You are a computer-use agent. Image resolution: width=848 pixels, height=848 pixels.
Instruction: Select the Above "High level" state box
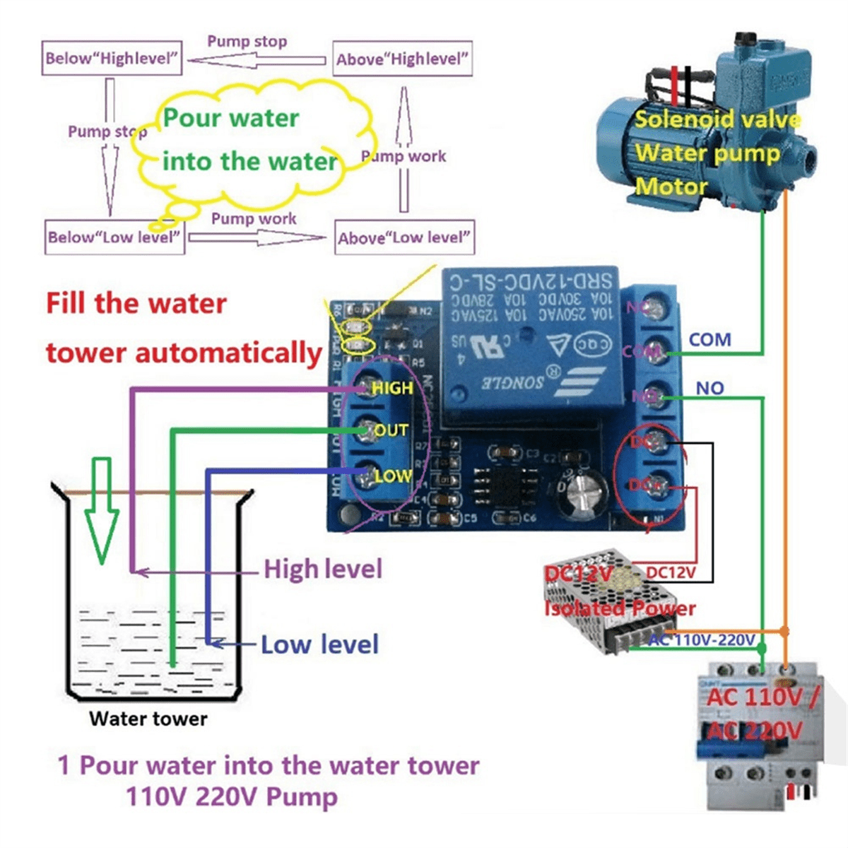[402, 59]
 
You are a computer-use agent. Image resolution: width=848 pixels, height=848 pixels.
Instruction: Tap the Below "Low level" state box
[114, 237]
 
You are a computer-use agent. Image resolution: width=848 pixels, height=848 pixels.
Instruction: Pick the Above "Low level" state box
[404, 238]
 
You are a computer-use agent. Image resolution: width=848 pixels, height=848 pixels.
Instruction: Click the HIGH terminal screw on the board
[365, 387]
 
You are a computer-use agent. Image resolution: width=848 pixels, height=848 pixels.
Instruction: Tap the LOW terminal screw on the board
[365, 476]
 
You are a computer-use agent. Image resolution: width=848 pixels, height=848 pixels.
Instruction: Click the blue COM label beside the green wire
[709, 340]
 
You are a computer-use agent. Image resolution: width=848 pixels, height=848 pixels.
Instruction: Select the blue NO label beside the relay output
[709, 388]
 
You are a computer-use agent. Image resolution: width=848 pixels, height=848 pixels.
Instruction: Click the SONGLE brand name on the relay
[512, 382]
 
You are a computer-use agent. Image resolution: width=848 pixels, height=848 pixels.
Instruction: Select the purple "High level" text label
[323, 569]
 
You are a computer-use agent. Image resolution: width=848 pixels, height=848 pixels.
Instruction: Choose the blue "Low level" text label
[319, 644]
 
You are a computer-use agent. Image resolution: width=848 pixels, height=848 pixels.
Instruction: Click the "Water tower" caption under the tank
[148, 719]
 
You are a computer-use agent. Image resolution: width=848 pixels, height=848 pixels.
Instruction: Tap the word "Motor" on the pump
[671, 187]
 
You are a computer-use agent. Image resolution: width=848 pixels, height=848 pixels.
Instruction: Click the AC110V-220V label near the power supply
[702, 640]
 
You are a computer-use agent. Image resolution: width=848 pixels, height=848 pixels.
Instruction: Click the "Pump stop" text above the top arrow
[247, 42]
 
